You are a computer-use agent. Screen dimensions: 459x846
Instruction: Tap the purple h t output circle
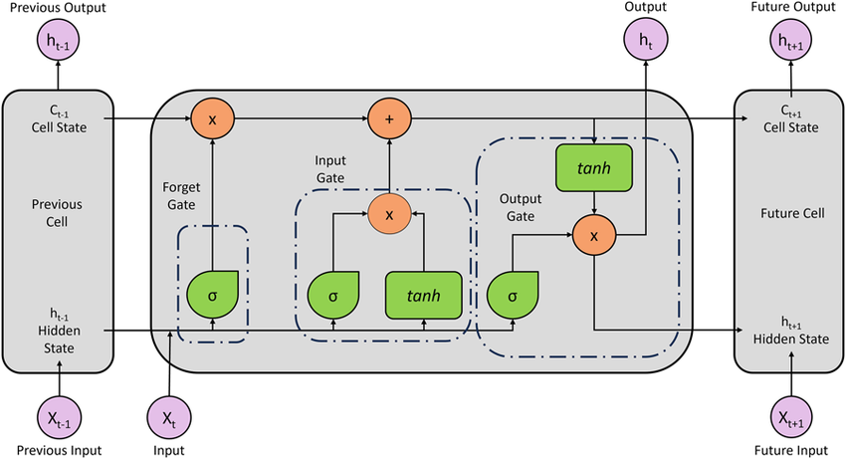pos(644,41)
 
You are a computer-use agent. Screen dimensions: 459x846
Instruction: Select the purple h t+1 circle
pos(790,41)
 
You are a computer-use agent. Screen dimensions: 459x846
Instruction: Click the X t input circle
pos(171,420)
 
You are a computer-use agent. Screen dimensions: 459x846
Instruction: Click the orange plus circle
pos(389,118)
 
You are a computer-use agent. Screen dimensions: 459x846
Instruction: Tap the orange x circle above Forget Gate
pos(213,118)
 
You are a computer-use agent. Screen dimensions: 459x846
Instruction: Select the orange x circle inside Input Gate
pos(389,212)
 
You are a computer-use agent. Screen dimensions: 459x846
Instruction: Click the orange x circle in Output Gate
pos(594,236)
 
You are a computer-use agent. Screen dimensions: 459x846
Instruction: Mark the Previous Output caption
pos(60,9)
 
